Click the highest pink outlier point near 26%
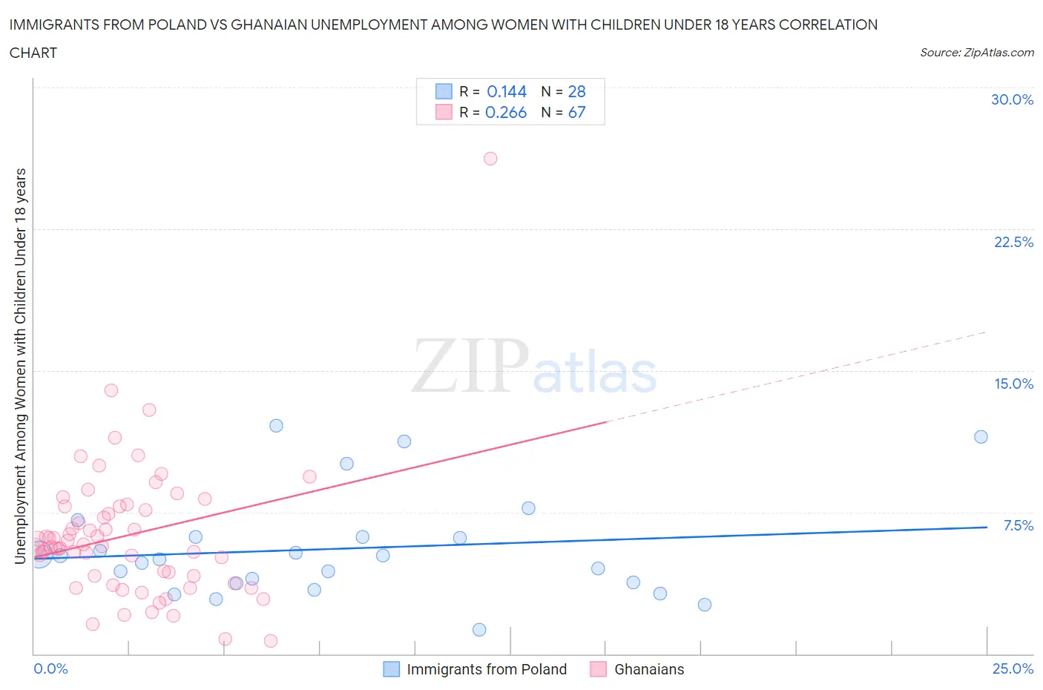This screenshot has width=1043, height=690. coord(490,158)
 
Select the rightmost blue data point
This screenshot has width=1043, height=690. coord(981,436)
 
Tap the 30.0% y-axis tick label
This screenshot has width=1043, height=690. coord(1012,99)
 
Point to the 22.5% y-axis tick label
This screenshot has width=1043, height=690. coord(1013,242)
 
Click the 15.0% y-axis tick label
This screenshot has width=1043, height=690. coord(1013,384)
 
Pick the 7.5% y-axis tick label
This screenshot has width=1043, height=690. coord(1018,525)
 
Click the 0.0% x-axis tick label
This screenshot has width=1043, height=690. coord(51,668)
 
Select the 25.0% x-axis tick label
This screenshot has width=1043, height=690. coord(1013,668)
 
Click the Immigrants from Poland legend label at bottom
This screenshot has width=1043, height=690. coord(487,669)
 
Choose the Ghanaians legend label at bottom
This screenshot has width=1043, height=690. coord(649,669)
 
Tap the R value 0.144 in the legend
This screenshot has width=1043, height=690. coord(507,91)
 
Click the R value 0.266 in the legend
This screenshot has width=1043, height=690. coord(506,112)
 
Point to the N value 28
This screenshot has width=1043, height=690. coord(576,91)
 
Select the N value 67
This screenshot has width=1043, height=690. coord(576,112)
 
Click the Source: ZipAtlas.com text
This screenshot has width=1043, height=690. coord(976,52)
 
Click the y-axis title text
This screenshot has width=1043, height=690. coord(20,366)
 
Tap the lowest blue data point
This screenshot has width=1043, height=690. coord(479,629)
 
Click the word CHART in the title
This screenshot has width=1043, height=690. coord(33,53)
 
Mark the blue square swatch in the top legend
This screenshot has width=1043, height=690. coord(444,91)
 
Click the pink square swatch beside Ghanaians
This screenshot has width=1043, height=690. coord(598,669)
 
